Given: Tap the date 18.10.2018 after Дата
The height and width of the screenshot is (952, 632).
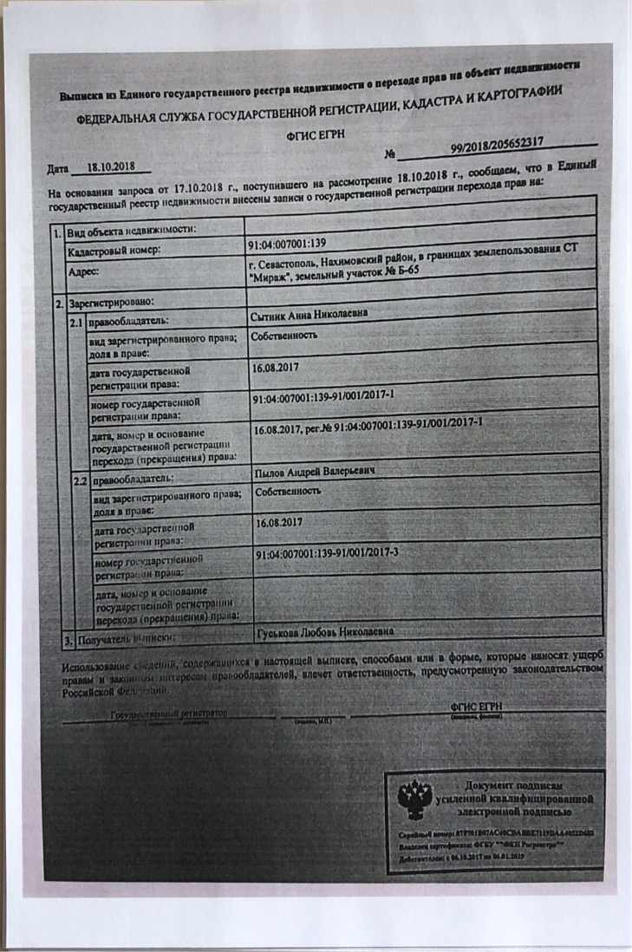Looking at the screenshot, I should coord(112,166).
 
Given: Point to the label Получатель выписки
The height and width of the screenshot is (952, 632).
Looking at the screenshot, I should coord(130,640).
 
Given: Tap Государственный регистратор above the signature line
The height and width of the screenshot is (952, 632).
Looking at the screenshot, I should coord(168,713).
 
